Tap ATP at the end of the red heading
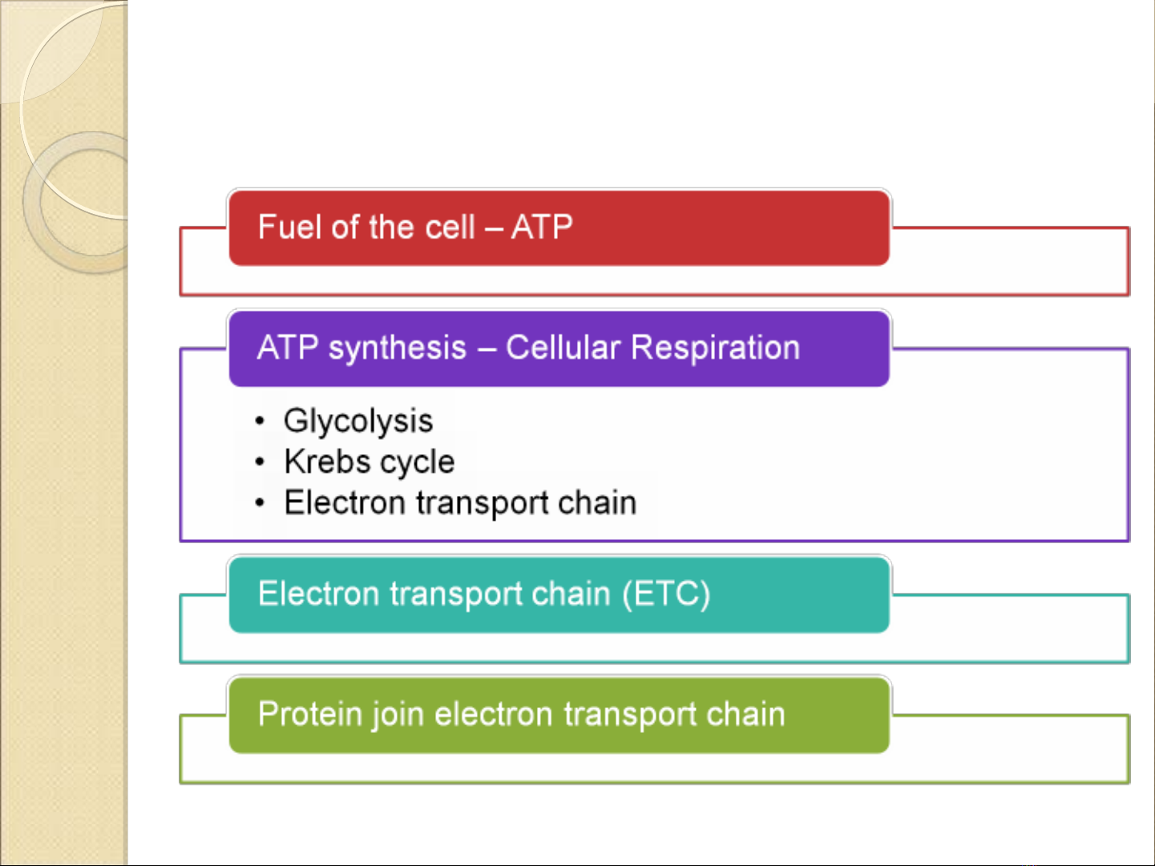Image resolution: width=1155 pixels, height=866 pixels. coord(542,228)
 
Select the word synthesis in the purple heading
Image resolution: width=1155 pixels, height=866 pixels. coord(397,348)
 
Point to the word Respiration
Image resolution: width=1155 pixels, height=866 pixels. coord(715,348)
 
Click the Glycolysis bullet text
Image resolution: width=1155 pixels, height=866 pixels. coord(358,421)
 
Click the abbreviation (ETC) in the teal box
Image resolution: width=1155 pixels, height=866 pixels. coord(666,594)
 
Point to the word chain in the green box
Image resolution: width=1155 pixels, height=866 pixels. coord(745,715)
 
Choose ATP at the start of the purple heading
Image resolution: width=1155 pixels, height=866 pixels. coord(287,348)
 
